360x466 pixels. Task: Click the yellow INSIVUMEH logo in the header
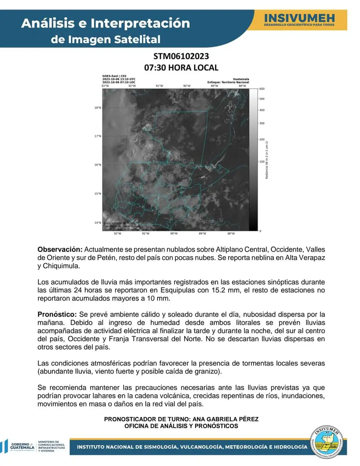coord(299,20)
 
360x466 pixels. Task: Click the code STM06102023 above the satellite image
coord(181,56)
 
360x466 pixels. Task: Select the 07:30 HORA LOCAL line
coord(181,68)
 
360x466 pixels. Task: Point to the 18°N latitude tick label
coord(97,108)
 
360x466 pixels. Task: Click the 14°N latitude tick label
coord(97,222)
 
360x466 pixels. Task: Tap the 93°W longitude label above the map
coord(105,86)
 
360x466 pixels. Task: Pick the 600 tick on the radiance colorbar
coord(262,89)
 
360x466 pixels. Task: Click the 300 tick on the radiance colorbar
coord(262,123)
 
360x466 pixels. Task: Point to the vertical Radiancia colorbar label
coord(267,160)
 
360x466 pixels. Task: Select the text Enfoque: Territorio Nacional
coord(228,82)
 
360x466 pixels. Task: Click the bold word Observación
coord(60,250)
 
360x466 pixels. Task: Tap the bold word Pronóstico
coord(57,315)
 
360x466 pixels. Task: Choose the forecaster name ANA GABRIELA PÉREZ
coord(225,419)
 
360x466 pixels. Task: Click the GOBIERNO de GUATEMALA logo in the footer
coord(22,446)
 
